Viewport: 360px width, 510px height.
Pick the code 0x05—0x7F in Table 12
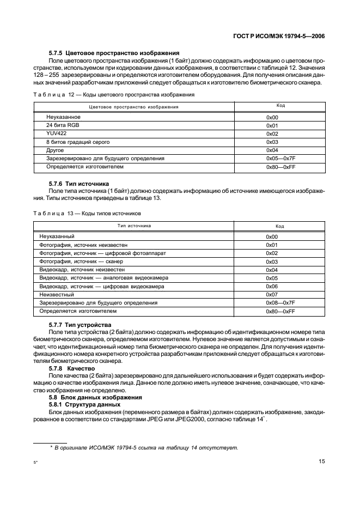[280, 158]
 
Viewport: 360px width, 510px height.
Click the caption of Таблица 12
[114, 94]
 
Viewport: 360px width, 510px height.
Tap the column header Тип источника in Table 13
[133, 226]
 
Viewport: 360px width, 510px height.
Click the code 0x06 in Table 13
[272, 286]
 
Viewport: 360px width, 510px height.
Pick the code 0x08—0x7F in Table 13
[280, 302]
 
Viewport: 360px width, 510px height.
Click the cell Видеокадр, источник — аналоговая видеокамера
[104, 278]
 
